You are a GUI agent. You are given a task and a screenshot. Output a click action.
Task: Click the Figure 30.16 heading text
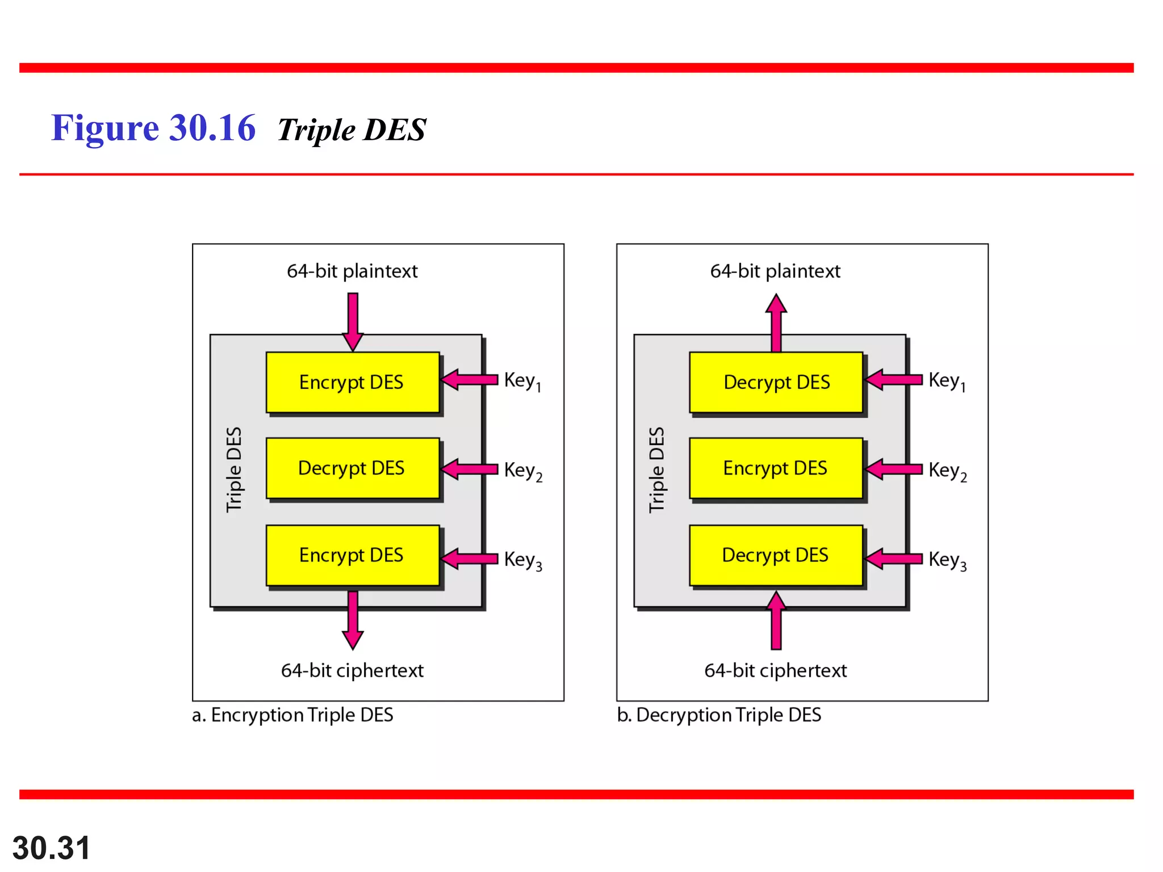(x=153, y=128)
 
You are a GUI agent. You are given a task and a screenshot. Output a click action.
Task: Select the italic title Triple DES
(x=352, y=130)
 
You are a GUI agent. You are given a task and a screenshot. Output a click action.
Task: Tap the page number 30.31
(x=51, y=848)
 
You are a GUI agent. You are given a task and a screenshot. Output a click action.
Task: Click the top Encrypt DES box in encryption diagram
(x=352, y=382)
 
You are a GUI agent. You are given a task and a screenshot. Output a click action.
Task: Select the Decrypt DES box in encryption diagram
(x=352, y=468)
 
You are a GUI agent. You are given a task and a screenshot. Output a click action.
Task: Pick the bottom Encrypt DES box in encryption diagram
(x=352, y=555)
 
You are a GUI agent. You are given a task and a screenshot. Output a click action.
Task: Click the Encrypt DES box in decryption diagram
(x=776, y=468)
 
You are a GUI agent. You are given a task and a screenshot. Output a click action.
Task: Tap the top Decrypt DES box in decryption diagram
(x=776, y=382)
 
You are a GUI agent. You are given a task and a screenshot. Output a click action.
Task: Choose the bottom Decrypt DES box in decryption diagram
(x=776, y=555)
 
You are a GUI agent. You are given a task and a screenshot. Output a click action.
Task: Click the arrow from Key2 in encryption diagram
(x=470, y=469)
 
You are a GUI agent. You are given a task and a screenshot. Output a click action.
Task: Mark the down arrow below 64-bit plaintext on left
(x=353, y=321)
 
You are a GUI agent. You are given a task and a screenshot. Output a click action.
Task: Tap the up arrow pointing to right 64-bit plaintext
(x=776, y=322)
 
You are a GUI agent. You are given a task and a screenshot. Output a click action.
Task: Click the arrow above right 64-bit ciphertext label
(x=776, y=621)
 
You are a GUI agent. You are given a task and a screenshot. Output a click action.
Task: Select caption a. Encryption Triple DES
(x=292, y=715)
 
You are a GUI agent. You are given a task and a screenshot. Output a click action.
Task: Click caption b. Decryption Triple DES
(x=719, y=715)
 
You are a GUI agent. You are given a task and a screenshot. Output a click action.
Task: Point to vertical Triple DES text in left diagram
(x=234, y=469)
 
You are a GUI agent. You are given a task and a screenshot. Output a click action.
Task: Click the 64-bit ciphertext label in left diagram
(x=352, y=670)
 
